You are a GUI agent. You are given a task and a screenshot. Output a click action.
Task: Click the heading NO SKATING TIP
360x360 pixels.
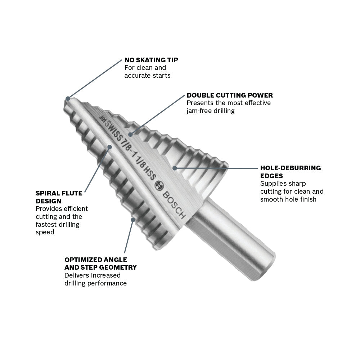[151, 60]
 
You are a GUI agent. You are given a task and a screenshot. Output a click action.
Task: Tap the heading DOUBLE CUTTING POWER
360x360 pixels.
[230, 95]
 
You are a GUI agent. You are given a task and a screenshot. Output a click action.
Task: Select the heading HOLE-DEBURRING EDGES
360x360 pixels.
[290, 172]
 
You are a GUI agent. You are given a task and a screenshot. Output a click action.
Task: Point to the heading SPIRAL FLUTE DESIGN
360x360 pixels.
[59, 197]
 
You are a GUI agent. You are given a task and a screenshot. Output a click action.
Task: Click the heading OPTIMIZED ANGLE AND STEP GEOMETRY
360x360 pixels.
[100, 264]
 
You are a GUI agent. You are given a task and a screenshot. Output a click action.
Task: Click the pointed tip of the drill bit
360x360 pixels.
[67, 98]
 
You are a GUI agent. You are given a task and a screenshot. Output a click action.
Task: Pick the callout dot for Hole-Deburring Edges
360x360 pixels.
[175, 168]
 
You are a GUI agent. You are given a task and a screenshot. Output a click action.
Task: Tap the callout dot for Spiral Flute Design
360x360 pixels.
[110, 146]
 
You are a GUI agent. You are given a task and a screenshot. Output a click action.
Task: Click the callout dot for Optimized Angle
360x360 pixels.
[133, 219]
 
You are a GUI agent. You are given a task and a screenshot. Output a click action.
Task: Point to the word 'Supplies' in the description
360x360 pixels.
[273, 184]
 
